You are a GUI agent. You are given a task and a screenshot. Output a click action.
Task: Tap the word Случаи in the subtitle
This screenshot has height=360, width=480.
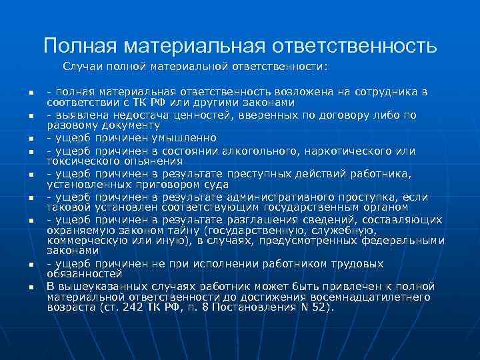[x=85, y=67]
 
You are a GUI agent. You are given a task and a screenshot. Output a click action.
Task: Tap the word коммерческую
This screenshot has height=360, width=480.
[x=84, y=241]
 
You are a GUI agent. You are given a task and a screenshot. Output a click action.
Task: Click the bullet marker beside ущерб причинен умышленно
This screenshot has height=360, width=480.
[x=31, y=139]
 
